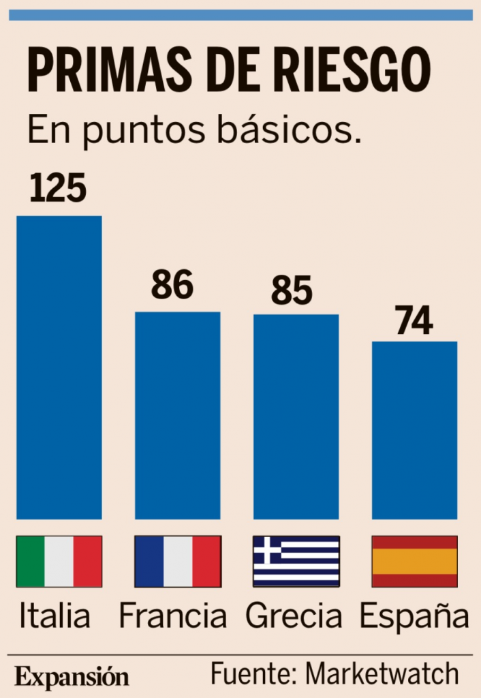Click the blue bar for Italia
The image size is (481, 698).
(59, 367)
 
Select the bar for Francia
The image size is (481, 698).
(178, 415)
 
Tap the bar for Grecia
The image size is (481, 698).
(296, 416)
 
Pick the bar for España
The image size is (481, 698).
(414, 430)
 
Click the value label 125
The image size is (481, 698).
(58, 189)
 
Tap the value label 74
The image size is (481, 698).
(414, 320)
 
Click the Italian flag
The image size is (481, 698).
(59, 561)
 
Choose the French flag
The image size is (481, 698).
(178, 561)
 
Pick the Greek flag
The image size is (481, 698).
(296, 561)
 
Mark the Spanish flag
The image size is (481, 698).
(414, 561)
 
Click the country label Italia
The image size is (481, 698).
(55, 616)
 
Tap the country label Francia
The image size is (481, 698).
(172, 616)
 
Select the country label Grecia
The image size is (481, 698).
(294, 616)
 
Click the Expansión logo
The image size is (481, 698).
(72, 677)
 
